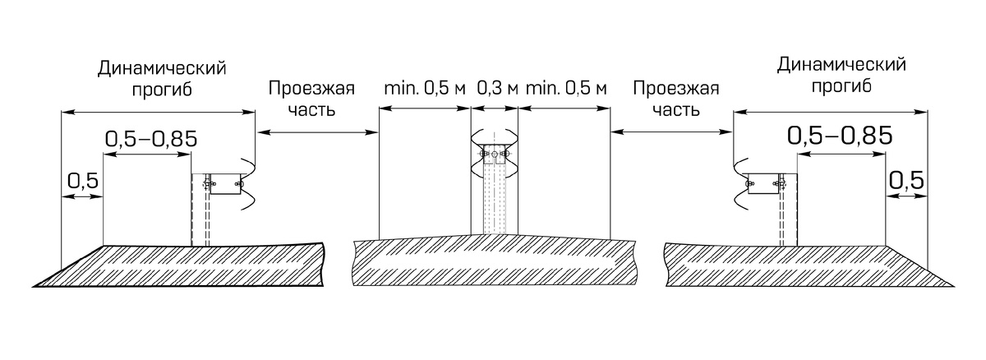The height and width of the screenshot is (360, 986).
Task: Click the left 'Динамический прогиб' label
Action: (162, 79)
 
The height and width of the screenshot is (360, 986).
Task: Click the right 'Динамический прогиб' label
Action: (841, 76)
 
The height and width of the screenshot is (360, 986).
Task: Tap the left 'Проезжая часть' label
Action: (311, 99)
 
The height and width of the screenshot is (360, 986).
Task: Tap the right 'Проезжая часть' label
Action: (676, 99)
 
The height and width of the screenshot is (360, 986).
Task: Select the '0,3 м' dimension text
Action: (497, 89)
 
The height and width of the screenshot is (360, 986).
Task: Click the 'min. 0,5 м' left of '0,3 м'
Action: (425, 89)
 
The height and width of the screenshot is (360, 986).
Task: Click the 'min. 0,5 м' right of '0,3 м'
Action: (566, 89)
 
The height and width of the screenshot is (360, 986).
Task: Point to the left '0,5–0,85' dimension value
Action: (151, 139)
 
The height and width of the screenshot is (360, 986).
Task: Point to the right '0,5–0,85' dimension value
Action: (840, 136)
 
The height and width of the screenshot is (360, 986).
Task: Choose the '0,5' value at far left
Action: (83, 181)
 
